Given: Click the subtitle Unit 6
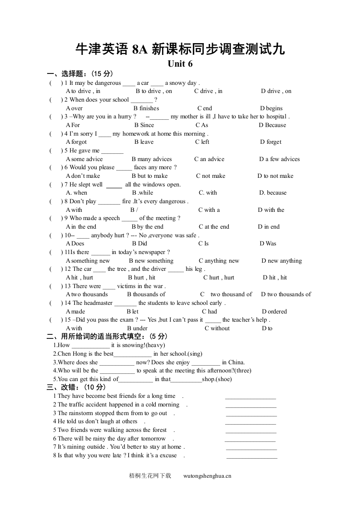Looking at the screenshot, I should [x=180, y=64].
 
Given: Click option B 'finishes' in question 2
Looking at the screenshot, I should [x=146, y=108].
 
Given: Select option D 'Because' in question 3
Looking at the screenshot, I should [x=272, y=125].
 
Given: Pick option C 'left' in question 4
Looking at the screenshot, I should [x=202, y=142].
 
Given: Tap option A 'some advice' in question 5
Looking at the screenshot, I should [x=84, y=159].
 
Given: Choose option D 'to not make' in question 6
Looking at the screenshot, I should [x=275, y=176].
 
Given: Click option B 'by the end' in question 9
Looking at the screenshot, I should [x=148, y=227].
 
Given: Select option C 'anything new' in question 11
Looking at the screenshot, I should [x=219, y=261].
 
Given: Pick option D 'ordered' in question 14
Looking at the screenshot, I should [x=274, y=312].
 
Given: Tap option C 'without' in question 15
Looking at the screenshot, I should [x=217, y=328].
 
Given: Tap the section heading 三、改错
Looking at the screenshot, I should [x=76, y=387].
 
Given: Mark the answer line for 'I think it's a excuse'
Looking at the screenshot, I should [x=252, y=458].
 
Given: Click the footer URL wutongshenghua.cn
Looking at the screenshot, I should [x=207, y=476].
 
